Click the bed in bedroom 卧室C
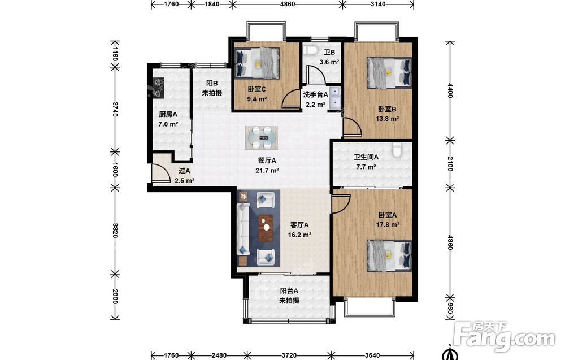[x=257, y=63]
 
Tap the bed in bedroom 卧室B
[x=389, y=72]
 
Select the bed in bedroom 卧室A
[x=389, y=256]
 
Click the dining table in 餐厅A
[x=261, y=138]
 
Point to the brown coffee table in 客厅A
[x=266, y=228]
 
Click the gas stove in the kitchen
[x=158, y=88]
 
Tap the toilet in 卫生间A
[x=397, y=150]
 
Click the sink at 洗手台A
[x=335, y=97]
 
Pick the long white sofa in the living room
[x=243, y=229]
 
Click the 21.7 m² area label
[x=267, y=171]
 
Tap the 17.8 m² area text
[x=388, y=225]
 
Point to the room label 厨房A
[x=168, y=115]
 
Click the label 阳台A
[x=289, y=291]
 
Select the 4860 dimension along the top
[x=288, y=5]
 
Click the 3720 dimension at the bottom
[x=289, y=355]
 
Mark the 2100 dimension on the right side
[x=450, y=163]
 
